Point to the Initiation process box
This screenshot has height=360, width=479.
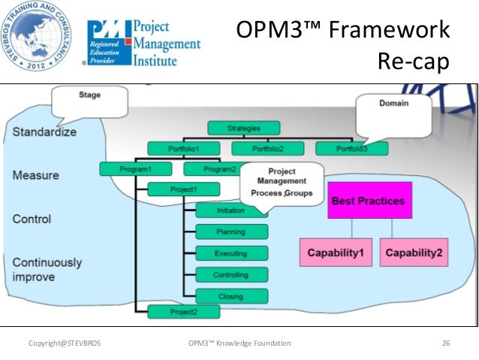[x=230, y=211]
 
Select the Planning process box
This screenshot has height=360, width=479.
[x=230, y=232]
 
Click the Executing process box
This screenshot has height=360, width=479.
[x=230, y=253]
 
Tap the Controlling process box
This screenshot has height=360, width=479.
[x=230, y=275]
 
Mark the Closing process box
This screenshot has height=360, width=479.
[x=230, y=296]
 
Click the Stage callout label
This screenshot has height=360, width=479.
[x=90, y=95]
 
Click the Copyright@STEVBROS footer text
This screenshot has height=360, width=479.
[x=64, y=343]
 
